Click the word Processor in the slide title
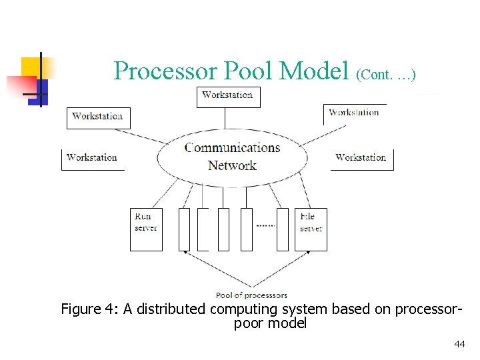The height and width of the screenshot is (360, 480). pos(165,71)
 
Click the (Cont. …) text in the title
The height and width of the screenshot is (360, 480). pos(387,74)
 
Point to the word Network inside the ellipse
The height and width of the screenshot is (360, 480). pos(232,165)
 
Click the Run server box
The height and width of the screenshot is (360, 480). pos(146,229)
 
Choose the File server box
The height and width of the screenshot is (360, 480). pos(311,229)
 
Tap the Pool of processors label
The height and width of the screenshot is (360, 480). pos(251,295)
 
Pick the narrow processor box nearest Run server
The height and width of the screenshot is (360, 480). pos(184,229)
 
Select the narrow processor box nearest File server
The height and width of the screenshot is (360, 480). pos(283,229)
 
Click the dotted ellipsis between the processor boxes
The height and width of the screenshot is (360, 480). pos(265,226)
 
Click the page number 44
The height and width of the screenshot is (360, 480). pos(459,344)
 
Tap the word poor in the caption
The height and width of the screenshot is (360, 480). pos(248,324)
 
